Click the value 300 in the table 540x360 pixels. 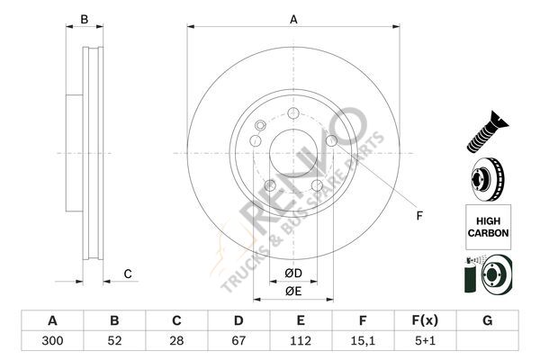pyautogui.click(x=52, y=341)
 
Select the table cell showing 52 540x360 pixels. pyautogui.click(x=114, y=341)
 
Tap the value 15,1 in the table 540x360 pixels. pyautogui.click(x=363, y=341)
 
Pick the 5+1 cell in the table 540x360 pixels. pyautogui.click(x=426, y=341)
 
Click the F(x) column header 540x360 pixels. pyautogui.click(x=426, y=320)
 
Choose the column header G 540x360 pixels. pyautogui.click(x=487, y=320)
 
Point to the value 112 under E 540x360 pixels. pyautogui.click(x=301, y=341)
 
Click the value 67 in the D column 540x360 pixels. pyautogui.click(x=238, y=341)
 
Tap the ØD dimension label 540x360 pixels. pyautogui.click(x=293, y=274)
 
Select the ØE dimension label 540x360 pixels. pyautogui.click(x=293, y=291)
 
